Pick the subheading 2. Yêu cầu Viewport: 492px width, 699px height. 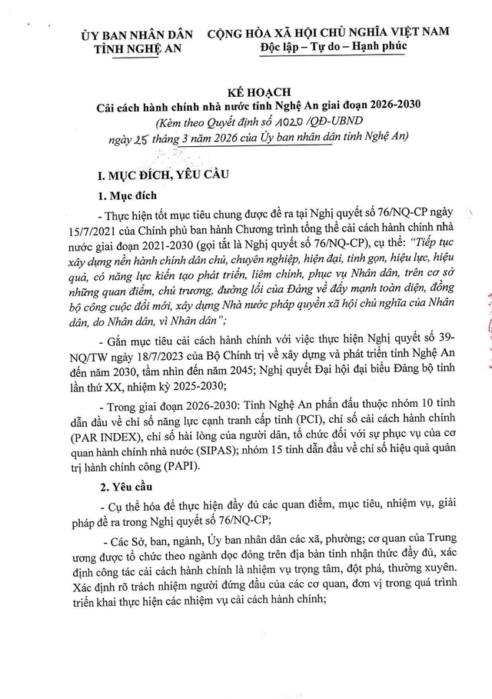130,487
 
